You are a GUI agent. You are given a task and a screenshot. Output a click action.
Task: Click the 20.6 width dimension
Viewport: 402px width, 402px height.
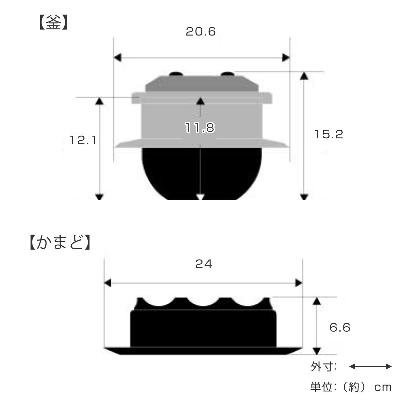click(x=201, y=32)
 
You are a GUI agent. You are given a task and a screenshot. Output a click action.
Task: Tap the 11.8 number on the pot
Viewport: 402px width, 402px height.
click(x=200, y=128)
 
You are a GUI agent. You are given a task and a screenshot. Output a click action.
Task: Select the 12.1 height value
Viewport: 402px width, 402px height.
click(x=83, y=140)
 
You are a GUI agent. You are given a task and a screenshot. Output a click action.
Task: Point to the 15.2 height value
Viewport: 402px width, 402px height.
click(x=329, y=134)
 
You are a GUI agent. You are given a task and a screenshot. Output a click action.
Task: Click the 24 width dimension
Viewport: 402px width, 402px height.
click(x=204, y=264)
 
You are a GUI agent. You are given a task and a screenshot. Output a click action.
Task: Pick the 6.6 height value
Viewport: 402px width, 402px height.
click(x=340, y=327)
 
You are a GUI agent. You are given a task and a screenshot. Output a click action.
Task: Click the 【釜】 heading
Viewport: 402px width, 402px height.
click(x=53, y=22)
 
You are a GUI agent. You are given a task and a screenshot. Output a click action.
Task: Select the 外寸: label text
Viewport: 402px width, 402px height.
click(x=324, y=367)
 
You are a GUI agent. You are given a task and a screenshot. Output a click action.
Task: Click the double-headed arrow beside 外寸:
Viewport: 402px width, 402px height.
click(x=370, y=366)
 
